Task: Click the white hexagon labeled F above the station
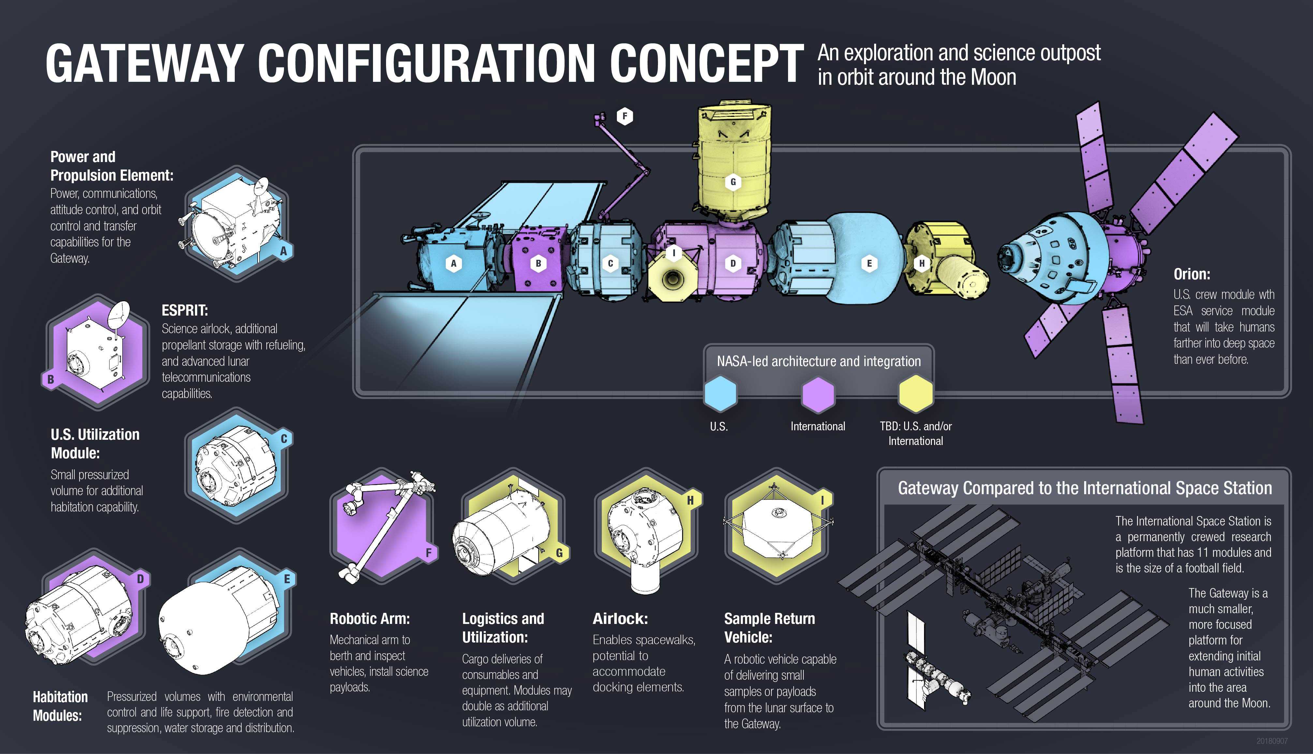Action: point(625,116)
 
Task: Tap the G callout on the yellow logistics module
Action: point(733,182)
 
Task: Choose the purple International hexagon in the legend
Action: point(818,393)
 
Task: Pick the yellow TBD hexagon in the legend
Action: point(916,393)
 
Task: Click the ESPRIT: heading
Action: point(185,310)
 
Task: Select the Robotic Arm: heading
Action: point(369,618)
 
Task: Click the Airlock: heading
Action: point(620,618)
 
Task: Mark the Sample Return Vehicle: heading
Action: point(769,628)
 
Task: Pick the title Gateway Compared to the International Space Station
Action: point(1084,488)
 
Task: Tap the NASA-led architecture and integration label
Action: point(818,361)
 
